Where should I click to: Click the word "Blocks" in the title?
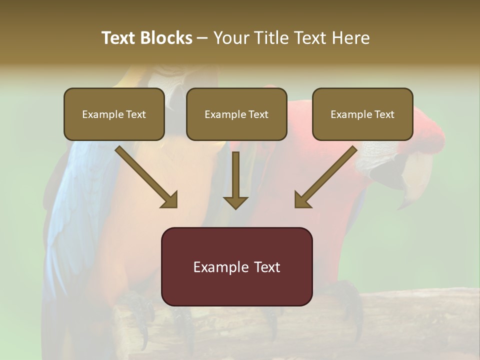[x=166, y=38]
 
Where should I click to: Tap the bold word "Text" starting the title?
[x=119, y=38]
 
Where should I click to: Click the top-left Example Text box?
[x=114, y=114]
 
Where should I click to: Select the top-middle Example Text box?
[x=236, y=114]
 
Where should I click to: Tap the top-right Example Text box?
[x=362, y=114]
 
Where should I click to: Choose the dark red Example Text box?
[x=236, y=266]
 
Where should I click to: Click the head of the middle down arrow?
[x=235, y=201]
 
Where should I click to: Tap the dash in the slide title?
[x=203, y=38]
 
